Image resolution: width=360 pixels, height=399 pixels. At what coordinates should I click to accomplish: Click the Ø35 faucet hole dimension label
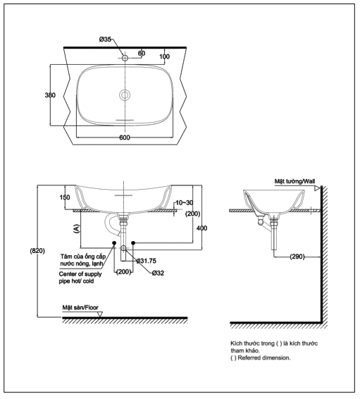[105, 39]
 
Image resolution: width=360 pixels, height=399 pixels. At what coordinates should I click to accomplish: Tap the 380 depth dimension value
[50, 95]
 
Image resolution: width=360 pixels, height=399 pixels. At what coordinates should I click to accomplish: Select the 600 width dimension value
[125, 137]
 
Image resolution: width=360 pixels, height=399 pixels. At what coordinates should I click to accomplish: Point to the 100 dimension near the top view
[164, 56]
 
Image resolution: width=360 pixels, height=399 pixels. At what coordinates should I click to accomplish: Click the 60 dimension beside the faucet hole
[142, 53]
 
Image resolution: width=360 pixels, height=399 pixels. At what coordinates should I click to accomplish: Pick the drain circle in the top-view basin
[125, 95]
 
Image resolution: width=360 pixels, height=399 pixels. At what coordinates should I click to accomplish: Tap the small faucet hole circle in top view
[125, 58]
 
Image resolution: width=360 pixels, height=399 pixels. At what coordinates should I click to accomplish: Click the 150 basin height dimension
[65, 197]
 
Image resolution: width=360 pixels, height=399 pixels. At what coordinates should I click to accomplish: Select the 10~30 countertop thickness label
[185, 202]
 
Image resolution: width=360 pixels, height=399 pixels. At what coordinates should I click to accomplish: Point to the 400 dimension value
[202, 228]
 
